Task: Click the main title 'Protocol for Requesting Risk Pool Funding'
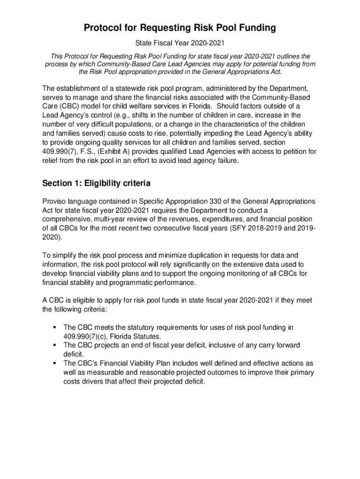pos(180,29)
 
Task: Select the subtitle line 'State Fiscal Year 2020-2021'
pos(180,44)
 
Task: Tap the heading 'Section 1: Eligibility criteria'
pos(96,182)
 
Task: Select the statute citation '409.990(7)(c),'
pos(86,336)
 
